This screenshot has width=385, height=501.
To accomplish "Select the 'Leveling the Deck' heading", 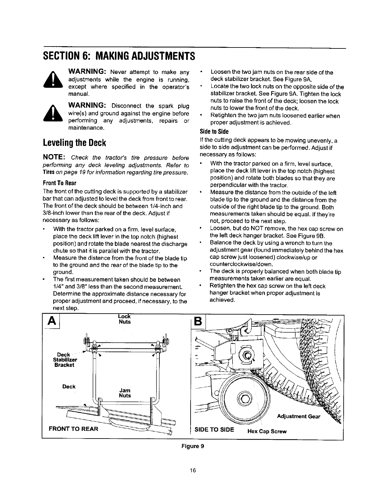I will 74,142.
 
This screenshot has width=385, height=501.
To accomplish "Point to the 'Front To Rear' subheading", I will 59,184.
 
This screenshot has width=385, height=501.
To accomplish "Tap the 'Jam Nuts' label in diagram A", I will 124,393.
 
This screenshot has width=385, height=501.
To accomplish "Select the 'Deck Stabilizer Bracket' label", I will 65,360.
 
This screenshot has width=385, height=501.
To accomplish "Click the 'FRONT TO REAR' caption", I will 73,429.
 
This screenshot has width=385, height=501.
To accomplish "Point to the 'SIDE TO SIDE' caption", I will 214,429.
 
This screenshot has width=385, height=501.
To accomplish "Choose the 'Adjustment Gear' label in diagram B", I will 298,417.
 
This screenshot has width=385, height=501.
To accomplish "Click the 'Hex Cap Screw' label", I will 267,432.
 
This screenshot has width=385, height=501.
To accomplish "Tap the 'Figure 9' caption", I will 192,446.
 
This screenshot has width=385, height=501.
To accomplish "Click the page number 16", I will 193,470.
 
